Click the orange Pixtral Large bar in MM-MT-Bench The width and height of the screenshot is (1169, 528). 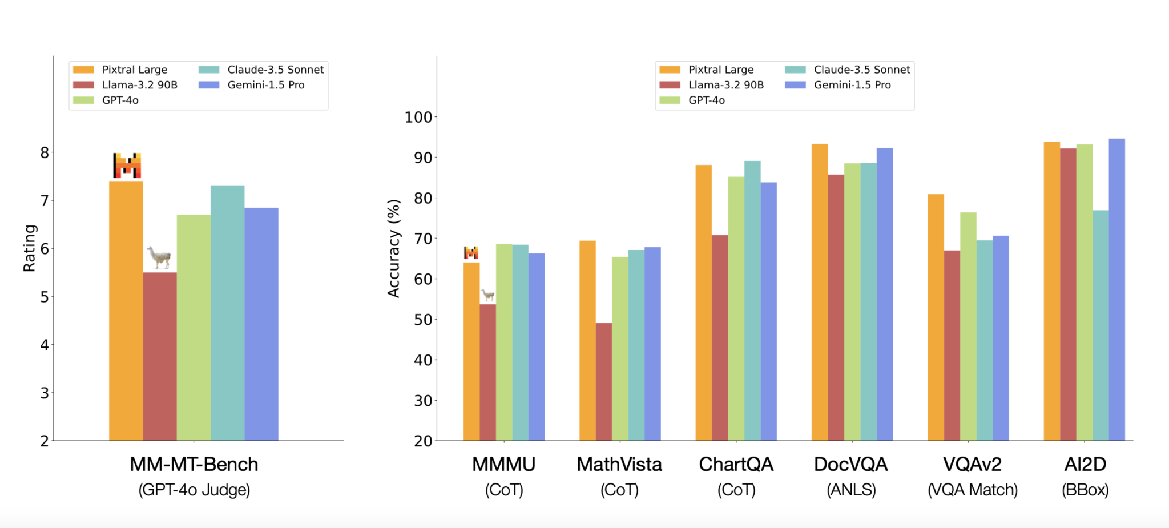tap(126, 311)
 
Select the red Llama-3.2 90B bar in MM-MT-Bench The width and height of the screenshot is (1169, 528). tap(160, 357)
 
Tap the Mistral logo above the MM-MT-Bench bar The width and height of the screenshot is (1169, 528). tap(127, 166)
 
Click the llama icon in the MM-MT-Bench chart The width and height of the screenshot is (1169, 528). tap(159, 257)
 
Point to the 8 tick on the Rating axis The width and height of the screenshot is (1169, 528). tap(45, 153)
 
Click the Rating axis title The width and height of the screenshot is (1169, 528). tap(29, 248)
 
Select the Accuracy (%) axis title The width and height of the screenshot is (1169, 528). tap(393, 248)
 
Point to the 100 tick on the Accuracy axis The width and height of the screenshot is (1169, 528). tap(418, 118)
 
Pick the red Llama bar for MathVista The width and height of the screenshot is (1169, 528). tap(604, 382)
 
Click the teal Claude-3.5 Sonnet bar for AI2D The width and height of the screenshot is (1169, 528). tap(1101, 325)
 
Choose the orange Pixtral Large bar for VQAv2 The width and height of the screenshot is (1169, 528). tap(936, 317)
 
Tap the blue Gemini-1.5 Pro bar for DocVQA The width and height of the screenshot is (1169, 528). tap(885, 294)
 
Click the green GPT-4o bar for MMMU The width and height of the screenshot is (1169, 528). tap(504, 342)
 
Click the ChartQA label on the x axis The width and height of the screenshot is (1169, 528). tap(736, 465)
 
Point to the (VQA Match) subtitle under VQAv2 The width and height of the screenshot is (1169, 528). tap(972, 490)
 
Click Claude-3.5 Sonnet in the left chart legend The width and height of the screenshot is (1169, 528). tap(275, 70)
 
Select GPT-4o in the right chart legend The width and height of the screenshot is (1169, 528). tap(706, 100)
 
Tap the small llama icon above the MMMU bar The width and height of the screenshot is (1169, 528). tap(487, 295)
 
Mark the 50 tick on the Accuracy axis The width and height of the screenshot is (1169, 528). tap(422, 320)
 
